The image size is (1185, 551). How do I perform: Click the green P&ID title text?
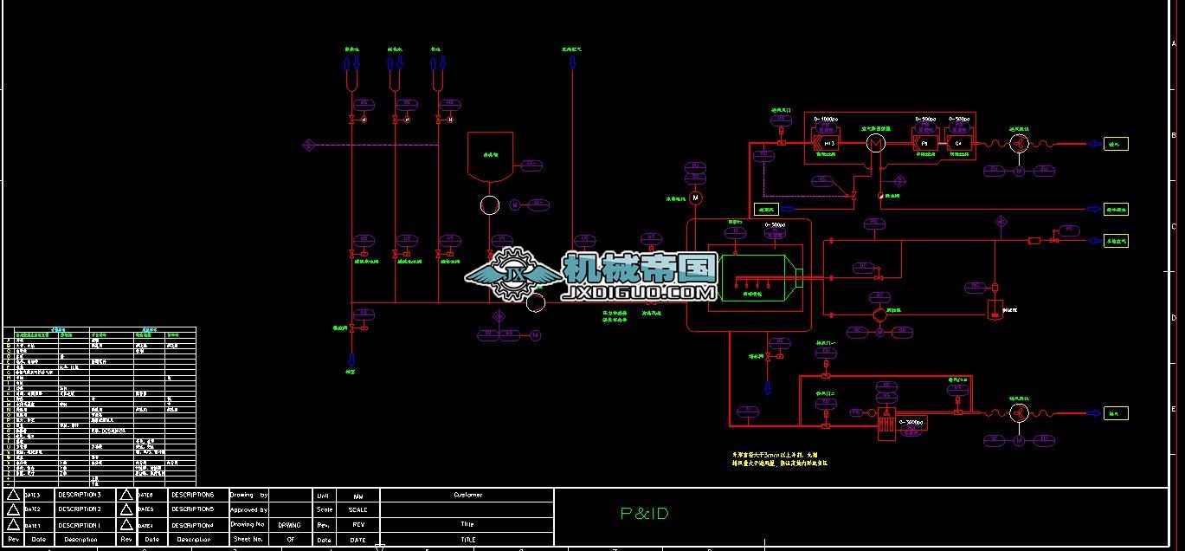pos(645,514)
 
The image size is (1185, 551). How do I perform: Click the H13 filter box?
pos(828,143)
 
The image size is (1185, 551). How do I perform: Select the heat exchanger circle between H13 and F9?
pos(876,143)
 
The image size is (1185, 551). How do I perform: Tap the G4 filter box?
pos(958,143)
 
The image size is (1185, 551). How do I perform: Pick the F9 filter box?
pos(924,143)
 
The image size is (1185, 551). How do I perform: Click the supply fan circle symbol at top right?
pos(1019,144)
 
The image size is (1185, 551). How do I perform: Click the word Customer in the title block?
pos(467,495)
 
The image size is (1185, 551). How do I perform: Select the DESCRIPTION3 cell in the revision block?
pos(80,494)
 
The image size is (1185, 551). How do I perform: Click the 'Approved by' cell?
pos(248,510)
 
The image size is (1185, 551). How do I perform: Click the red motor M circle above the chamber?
pos(694,198)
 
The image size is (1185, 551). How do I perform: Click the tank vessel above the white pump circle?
pos(490,156)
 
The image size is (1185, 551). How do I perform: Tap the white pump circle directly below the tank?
pos(490,205)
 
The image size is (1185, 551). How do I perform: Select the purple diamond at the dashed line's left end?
pos(308,146)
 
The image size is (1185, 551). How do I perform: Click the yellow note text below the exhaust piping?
pos(779,458)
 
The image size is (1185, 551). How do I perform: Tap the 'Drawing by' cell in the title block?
pos(248,495)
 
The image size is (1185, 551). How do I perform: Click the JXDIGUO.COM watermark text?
pos(639,293)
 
